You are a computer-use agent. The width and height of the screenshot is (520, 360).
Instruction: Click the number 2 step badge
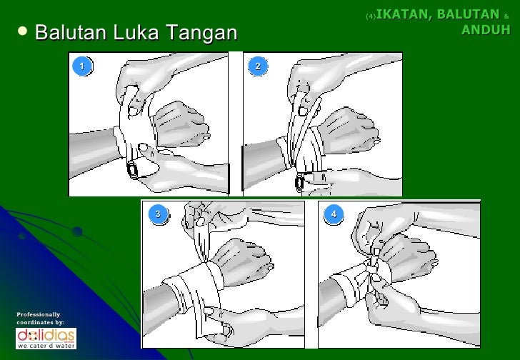coord(258,66)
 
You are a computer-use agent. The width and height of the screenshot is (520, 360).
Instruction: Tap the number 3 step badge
coord(158,214)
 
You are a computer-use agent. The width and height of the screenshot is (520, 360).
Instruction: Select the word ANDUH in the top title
coord(486,29)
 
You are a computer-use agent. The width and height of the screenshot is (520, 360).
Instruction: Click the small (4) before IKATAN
coord(369,15)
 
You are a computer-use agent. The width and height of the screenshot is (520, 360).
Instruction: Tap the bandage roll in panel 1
coord(133,170)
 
